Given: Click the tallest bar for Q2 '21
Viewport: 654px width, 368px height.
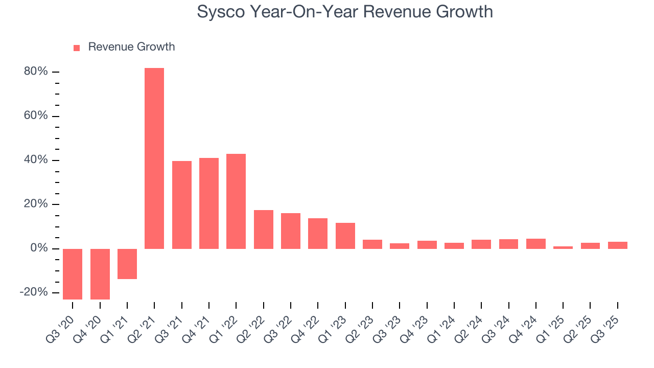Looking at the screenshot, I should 154,158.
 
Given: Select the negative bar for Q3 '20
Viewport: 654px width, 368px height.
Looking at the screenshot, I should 73,274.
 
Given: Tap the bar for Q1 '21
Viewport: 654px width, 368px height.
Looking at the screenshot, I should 127,264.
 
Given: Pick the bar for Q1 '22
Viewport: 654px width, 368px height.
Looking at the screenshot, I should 236,201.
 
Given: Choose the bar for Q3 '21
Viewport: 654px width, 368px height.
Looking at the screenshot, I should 182,205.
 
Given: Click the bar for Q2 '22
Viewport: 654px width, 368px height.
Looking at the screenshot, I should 264,229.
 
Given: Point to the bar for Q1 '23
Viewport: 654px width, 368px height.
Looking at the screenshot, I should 345,236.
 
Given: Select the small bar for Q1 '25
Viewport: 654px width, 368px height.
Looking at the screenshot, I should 563,247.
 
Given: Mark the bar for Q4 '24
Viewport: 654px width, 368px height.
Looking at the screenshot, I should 536,244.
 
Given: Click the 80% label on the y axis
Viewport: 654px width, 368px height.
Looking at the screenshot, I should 36,72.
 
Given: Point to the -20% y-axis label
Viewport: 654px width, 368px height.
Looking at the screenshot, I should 34,292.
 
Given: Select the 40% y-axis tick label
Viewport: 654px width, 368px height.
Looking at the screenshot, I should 36,160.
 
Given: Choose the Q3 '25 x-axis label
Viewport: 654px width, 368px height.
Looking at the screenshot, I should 609,325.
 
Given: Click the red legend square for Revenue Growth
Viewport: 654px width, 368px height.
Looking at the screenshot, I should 77,48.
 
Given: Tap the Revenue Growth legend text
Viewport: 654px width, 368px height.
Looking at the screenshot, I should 131,47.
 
